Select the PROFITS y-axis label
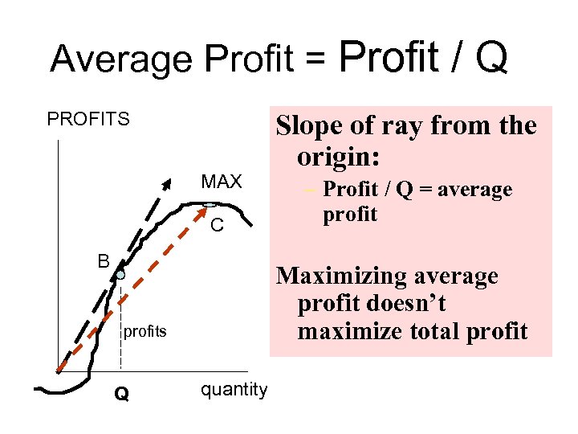click(88, 120)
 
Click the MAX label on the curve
click(221, 182)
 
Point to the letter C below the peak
click(217, 226)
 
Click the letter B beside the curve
click(103, 261)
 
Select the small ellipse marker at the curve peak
click(210, 205)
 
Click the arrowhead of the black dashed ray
click(167, 182)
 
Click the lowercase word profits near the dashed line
click(145, 331)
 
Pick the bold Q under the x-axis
click(120, 394)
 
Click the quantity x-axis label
click(234, 390)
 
